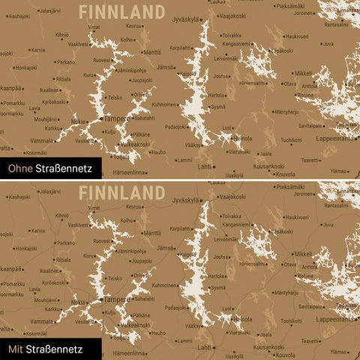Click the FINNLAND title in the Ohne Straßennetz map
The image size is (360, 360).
point(121,11)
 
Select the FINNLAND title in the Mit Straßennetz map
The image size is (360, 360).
point(121,191)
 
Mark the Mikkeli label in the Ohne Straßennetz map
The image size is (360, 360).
point(303,73)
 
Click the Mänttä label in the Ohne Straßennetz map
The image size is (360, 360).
point(151,52)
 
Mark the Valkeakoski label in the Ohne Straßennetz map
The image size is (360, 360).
point(134,144)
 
